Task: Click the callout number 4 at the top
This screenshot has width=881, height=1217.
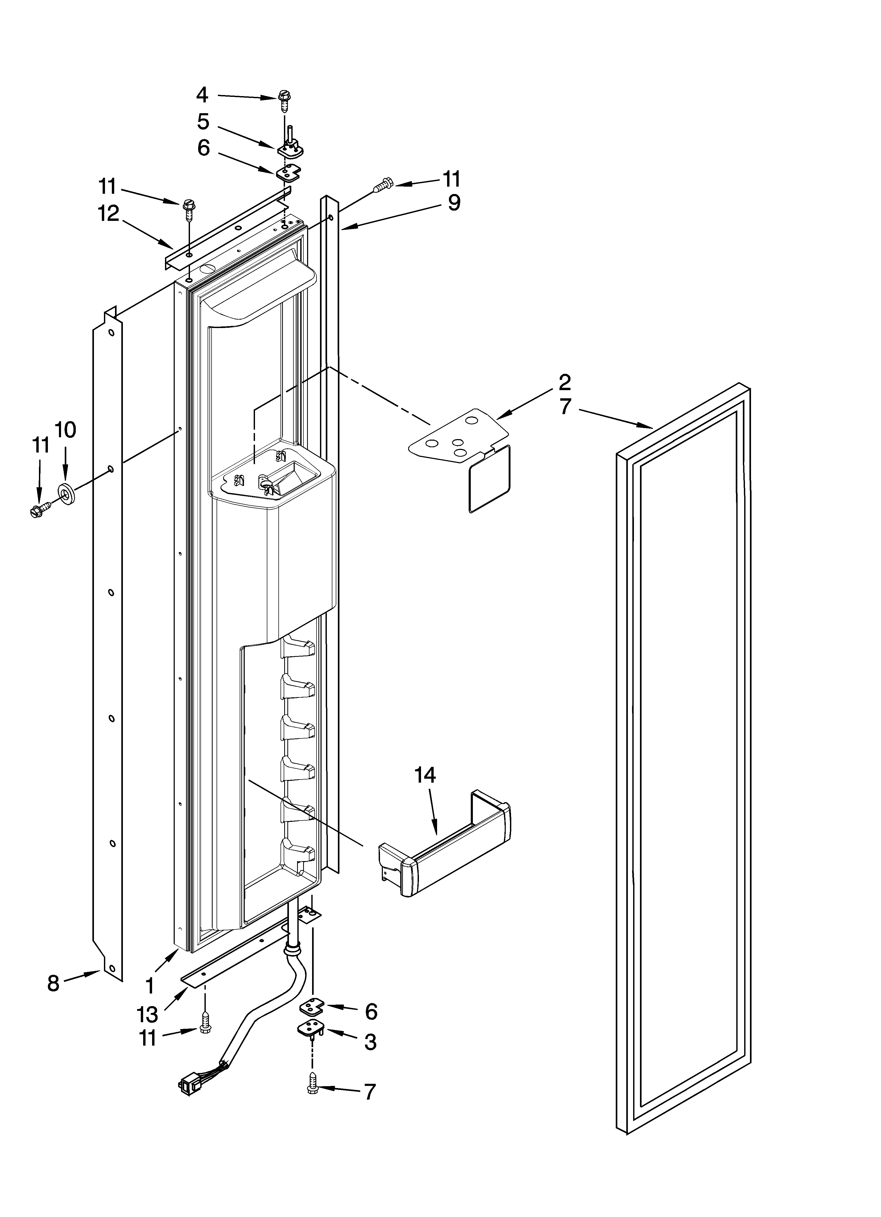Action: pyautogui.click(x=202, y=95)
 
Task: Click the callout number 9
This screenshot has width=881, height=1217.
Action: pyautogui.click(x=454, y=203)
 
